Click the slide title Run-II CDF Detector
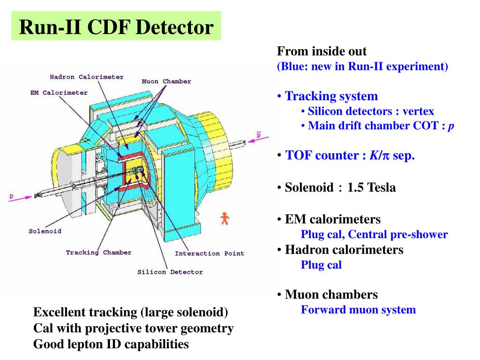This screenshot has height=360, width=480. (x=116, y=27)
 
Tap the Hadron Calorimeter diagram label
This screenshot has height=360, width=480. (x=87, y=77)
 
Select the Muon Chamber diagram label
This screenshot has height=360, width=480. (x=166, y=82)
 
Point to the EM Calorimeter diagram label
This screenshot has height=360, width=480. (x=59, y=93)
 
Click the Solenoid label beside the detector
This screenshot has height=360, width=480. (x=45, y=231)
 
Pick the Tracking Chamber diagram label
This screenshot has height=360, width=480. (x=98, y=253)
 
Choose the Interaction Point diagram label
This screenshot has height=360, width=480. (x=210, y=254)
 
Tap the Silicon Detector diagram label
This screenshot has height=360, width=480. (x=170, y=272)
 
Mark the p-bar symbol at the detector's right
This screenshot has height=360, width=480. (x=258, y=135)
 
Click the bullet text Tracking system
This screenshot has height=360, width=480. (x=331, y=97)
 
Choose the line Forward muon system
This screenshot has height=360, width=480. (x=358, y=309)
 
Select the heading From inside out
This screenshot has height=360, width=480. (x=322, y=51)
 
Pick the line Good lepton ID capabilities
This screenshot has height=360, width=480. (x=111, y=345)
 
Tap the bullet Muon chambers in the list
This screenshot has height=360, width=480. (x=331, y=295)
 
